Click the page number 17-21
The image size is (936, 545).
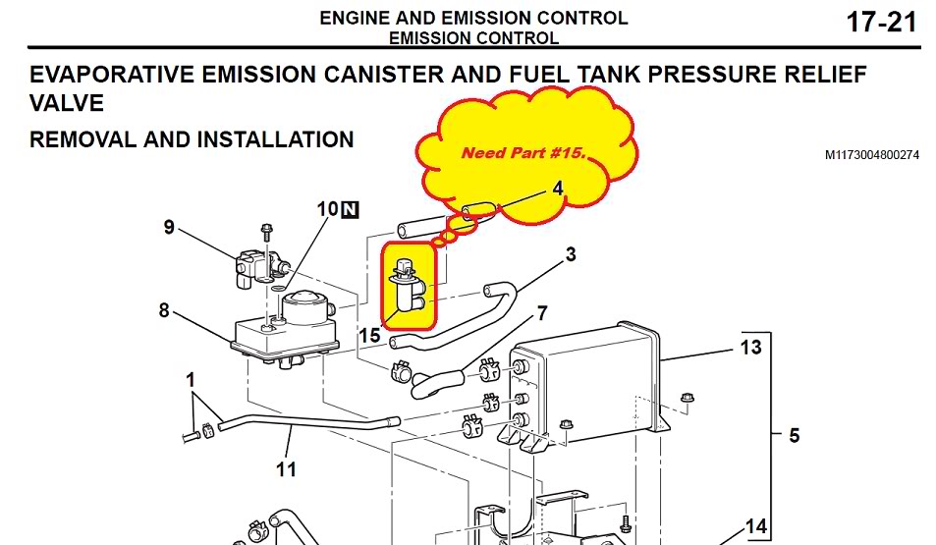tap(881, 23)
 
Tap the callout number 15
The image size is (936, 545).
tap(369, 336)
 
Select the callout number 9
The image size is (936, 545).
tap(169, 228)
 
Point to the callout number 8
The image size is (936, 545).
tap(164, 310)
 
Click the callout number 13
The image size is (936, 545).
tap(750, 348)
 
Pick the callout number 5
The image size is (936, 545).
tap(794, 435)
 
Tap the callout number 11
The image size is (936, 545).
tap(286, 469)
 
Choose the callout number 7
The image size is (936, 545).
tap(542, 313)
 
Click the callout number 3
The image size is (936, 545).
tap(571, 254)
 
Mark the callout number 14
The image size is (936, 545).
tap(755, 526)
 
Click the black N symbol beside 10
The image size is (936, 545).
tap(351, 209)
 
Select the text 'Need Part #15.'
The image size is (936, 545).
tap(524, 153)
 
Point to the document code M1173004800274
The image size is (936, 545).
tap(872, 155)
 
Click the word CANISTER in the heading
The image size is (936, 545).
tap(383, 75)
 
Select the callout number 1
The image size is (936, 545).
tap(191, 380)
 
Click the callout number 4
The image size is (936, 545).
tap(558, 189)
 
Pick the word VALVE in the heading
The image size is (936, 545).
tap(66, 103)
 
